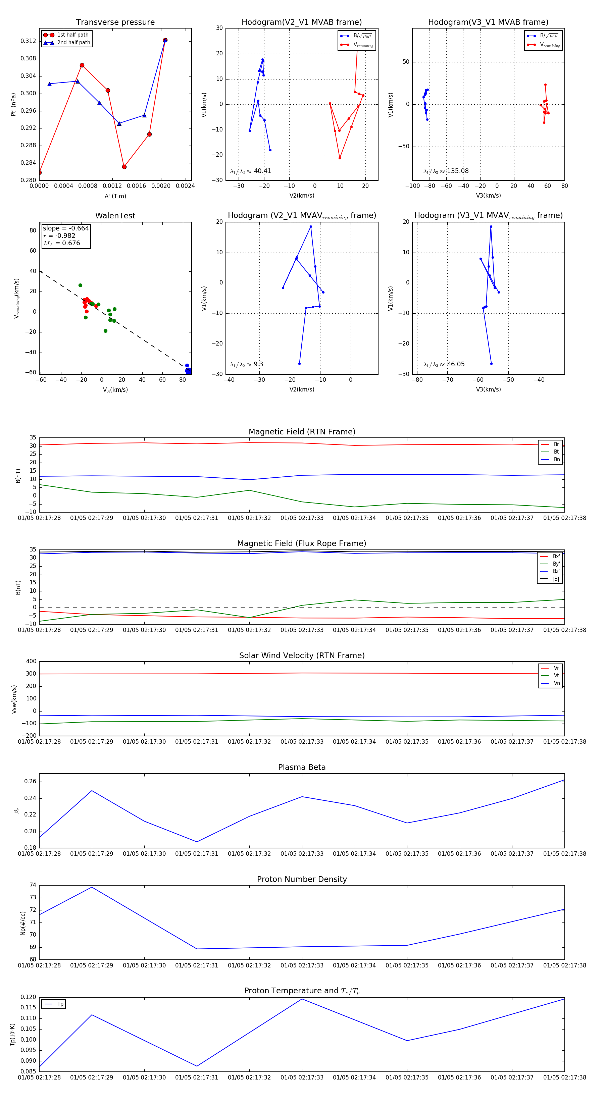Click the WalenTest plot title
coord(115,216)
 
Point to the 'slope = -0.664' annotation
coord(66,228)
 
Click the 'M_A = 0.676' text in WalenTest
coord(61,243)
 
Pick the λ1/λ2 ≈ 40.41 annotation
coord(251,171)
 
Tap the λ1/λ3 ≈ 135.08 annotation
coord(446,171)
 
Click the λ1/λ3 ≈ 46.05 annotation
coord(444,364)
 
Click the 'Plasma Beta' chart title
coord(302,768)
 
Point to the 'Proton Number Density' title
coord(302,879)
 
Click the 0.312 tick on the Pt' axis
coord(29,41)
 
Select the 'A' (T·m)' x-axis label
coord(115,196)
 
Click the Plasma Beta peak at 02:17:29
coord(92,791)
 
